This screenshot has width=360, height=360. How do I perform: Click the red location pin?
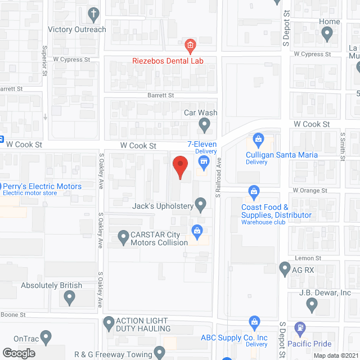point(179,166)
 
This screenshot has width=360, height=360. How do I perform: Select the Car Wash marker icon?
point(205,124)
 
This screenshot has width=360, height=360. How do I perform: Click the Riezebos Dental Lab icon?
point(190,45)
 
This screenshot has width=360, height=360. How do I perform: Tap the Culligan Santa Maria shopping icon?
point(259,138)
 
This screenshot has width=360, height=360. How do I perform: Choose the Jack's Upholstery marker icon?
point(200,205)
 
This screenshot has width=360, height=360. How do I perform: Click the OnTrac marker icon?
point(47,338)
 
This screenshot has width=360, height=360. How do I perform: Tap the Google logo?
point(19,353)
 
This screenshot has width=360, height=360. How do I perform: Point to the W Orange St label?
point(309,191)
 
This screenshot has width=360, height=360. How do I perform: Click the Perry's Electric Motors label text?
point(42,186)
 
